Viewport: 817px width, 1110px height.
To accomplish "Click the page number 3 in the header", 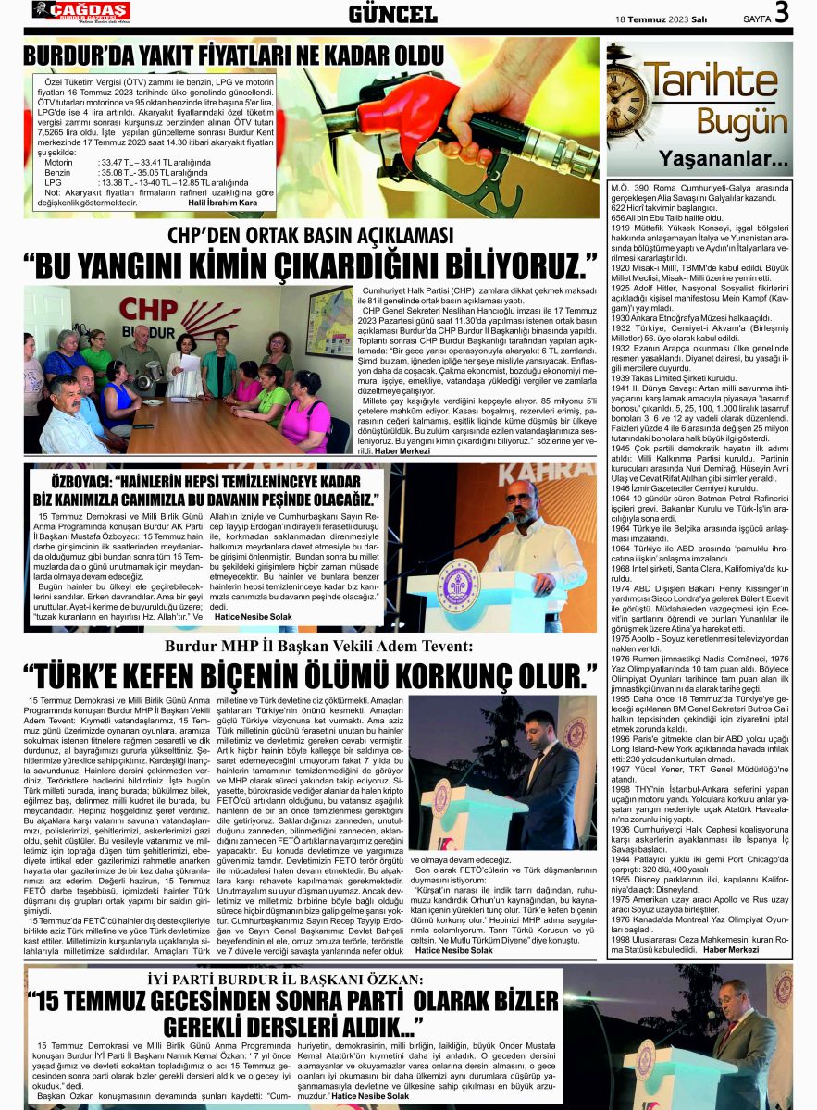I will click(782, 13).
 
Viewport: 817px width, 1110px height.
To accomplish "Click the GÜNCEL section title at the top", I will click(392, 14).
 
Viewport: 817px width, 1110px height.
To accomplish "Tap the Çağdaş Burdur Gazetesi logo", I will click(81, 11).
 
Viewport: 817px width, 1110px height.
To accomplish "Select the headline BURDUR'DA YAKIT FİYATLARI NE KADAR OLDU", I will click(233, 55).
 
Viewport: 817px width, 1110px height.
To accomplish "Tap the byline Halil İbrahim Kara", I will click(222, 203).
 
